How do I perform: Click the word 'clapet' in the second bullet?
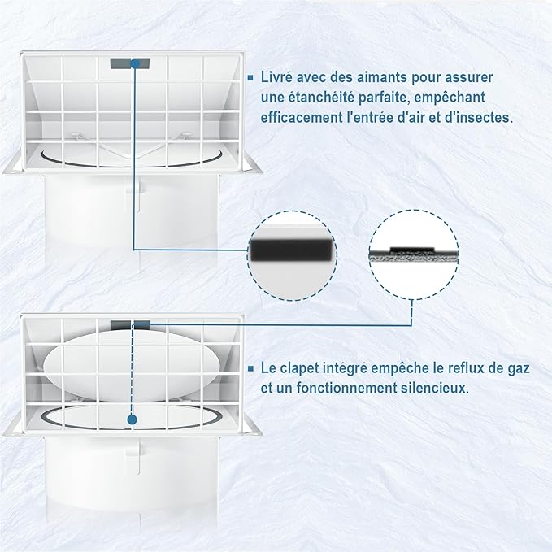coord(302,368)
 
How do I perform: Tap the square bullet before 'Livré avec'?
coord(250,78)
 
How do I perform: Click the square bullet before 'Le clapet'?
coord(250,368)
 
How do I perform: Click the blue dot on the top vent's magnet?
coord(135,63)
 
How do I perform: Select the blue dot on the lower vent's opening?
coord(133,419)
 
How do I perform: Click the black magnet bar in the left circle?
coord(292,250)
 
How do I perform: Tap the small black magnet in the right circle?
coord(413,250)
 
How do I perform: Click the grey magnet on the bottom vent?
coord(130,325)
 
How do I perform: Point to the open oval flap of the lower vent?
coord(132,365)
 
